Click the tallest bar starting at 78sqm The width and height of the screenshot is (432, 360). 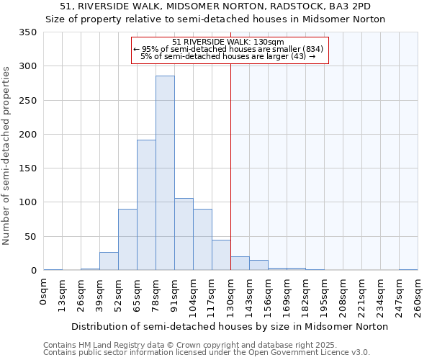tap(165, 173)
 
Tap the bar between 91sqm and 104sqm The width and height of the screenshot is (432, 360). tap(184, 234)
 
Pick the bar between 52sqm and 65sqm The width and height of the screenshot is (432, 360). tap(127, 240)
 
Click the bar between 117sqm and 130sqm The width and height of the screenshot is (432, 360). tap(221, 255)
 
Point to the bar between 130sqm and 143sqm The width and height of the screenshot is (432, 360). tap(240, 264)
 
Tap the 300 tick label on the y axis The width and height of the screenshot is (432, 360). tap(28, 66)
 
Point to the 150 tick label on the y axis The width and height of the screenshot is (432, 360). tap(28, 168)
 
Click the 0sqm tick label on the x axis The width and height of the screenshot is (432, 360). tap(45, 291)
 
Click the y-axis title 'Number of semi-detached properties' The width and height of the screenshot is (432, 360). tap(6, 155)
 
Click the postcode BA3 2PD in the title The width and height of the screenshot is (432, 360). tap(346, 6)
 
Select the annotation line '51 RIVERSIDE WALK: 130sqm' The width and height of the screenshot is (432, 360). tap(228, 42)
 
